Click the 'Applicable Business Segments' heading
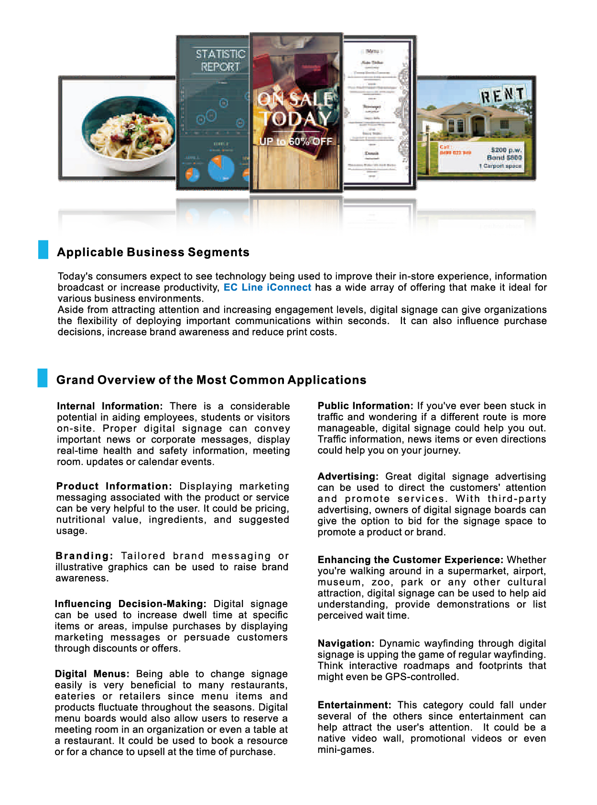tap(153, 252)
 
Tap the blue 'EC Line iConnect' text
tap(267, 287)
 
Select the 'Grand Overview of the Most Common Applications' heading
tap(211, 380)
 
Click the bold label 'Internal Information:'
tap(109, 406)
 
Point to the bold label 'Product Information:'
tap(114, 486)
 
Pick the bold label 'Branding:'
tap(84, 556)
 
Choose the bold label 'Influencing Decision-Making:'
tap(130, 604)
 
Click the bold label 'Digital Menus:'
tap(92, 674)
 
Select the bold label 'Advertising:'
tap(348, 477)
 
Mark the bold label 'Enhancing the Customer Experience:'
tap(410, 560)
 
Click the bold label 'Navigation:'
tap(346, 643)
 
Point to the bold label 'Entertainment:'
tap(354, 705)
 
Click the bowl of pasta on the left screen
tap(129, 131)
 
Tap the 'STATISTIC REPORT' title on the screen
tap(220, 60)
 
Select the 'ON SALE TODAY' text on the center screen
tap(295, 109)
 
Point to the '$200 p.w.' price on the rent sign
tap(506, 150)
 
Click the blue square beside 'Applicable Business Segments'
tap(43, 250)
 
